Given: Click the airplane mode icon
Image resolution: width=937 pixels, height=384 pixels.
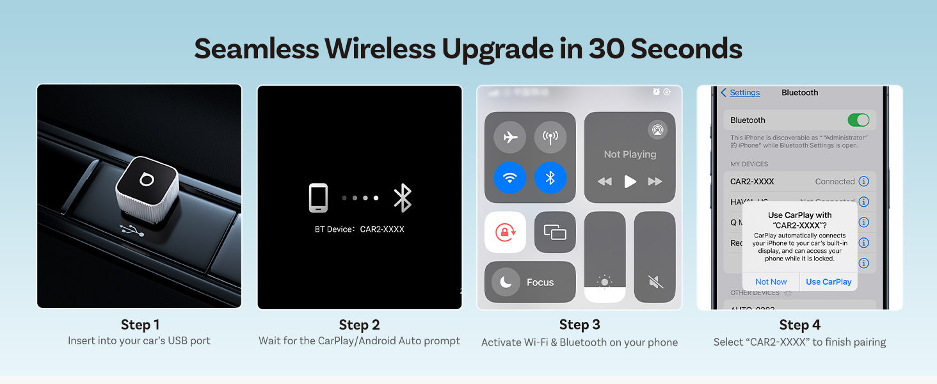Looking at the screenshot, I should (x=510, y=137).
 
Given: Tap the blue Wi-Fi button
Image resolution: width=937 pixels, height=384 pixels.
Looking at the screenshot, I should (x=510, y=178).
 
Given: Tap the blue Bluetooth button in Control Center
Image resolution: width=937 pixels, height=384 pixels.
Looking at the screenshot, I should (x=550, y=178).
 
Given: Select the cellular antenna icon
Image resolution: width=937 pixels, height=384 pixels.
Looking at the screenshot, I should (x=550, y=137).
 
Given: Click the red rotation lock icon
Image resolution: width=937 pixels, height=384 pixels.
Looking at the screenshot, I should (x=506, y=232).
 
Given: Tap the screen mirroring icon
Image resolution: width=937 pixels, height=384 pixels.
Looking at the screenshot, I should (x=555, y=232).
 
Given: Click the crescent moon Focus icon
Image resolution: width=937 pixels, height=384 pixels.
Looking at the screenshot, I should (x=506, y=282).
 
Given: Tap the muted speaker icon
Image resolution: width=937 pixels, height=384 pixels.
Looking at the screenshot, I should (x=654, y=282).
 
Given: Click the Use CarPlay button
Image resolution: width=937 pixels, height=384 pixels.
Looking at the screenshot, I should (x=828, y=282).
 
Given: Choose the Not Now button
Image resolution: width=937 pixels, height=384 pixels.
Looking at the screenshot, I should (x=771, y=282).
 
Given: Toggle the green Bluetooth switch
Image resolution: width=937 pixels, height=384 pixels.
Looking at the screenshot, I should (x=858, y=120).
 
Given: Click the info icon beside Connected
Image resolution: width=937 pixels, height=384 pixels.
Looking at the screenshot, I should (x=863, y=182).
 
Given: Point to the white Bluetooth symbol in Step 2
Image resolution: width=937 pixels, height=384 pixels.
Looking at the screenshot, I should (x=403, y=198).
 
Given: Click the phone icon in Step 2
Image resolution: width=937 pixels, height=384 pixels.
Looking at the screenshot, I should (x=318, y=198).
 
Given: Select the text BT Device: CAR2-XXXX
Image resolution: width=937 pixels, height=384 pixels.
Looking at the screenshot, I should (x=359, y=229).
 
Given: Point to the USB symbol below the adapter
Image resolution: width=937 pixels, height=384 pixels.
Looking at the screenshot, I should (x=131, y=231).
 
